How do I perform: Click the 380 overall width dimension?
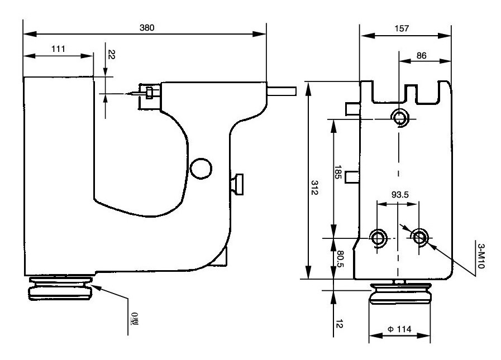[x=147, y=28]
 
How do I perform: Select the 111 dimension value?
[x=58, y=49]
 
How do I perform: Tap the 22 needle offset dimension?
[x=111, y=54]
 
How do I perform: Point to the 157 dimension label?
[x=402, y=28]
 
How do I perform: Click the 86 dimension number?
[x=422, y=56]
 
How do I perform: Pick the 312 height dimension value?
[x=314, y=188]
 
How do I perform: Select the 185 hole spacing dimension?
[x=338, y=172]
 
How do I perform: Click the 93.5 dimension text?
[x=400, y=195]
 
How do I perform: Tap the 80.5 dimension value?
[x=340, y=259]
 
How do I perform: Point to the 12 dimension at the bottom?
[x=340, y=324]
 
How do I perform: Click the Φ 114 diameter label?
[x=399, y=329]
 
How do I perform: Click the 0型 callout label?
[x=135, y=319]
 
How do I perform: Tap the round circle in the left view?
[x=201, y=169]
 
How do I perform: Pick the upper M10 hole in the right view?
[x=399, y=118]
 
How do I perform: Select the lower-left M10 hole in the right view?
[x=378, y=238]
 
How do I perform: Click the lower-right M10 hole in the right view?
[x=419, y=237]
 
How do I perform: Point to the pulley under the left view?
[x=60, y=289]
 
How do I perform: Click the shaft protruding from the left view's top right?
[x=282, y=92]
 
